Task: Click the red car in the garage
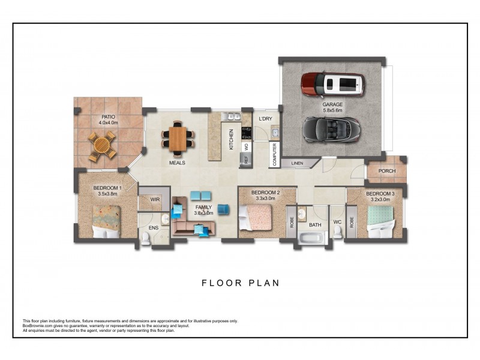tap(333, 84)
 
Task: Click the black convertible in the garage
tap(331, 130)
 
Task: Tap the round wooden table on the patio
tap(102, 146)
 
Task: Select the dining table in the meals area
tap(178, 139)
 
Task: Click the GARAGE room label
tap(332, 104)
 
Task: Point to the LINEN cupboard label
tap(297, 163)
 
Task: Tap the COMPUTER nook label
tap(274, 155)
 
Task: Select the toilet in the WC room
tap(337, 232)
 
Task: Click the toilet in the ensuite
tap(146, 238)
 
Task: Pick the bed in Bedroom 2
tap(255, 217)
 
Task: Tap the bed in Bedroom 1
tap(107, 221)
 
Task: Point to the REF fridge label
tap(247, 160)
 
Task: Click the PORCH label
tap(387, 171)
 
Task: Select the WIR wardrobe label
tap(155, 200)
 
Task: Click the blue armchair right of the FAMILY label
tap(224, 209)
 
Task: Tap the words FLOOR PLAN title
tap(241, 283)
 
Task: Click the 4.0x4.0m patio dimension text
tap(109, 123)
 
